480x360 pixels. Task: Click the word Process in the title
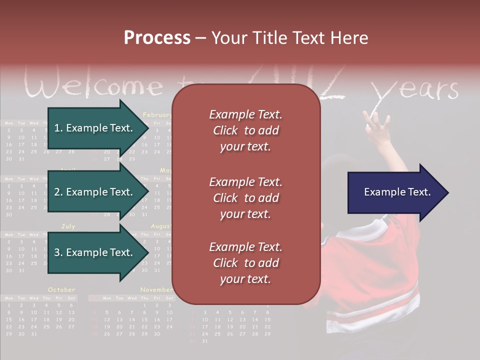point(157,38)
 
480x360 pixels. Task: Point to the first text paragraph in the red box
point(246,130)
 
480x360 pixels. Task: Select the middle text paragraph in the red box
point(246,198)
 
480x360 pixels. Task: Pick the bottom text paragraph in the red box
point(246,263)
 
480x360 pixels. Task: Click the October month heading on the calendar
point(61,289)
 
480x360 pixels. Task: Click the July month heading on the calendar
point(68,226)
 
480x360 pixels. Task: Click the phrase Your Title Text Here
point(289,38)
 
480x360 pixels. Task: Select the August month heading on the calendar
point(160,226)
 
